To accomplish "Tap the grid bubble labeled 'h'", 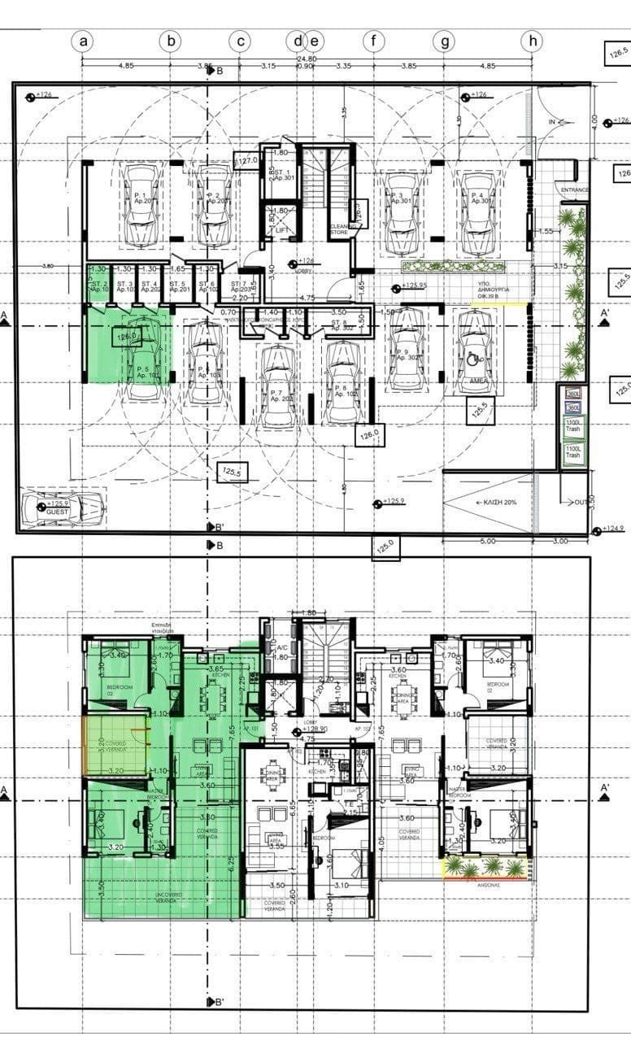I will (x=533, y=40).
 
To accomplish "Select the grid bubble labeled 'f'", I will (x=373, y=40).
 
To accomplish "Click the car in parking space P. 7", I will (x=278, y=385).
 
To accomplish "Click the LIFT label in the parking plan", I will (x=282, y=230).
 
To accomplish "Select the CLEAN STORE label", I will (x=339, y=229).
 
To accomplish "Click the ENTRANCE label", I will (x=575, y=189).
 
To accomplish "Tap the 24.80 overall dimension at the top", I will (x=306, y=59).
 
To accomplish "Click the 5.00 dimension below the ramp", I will (x=485, y=541).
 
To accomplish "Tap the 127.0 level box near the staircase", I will (x=246, y=161).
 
